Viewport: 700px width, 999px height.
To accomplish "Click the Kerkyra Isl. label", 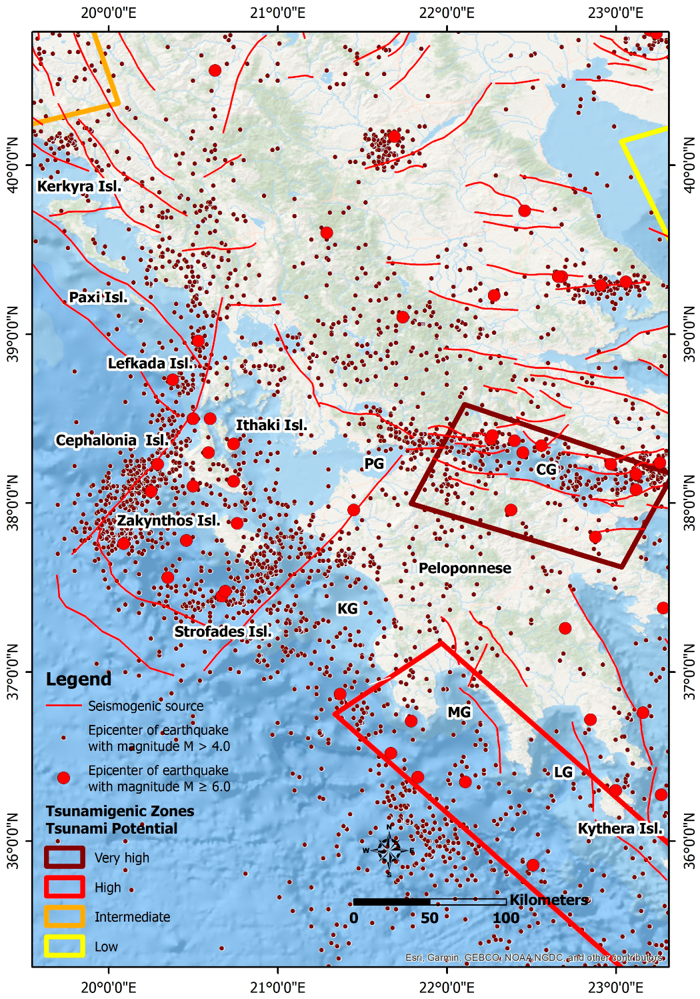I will (x=79, y=186).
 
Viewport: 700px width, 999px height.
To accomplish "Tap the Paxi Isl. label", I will (x=98, y=297).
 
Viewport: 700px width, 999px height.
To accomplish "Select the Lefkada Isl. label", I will (x=151, y=363).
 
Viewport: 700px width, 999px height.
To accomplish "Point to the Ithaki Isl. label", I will (x=271, y=425).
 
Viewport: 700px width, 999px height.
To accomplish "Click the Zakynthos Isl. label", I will (x=169, y=521).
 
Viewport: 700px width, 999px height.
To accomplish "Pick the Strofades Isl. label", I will (x=223, y=632).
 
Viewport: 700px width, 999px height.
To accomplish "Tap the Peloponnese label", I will (x=465, y=568).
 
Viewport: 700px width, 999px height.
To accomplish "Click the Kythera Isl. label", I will (x=620, y=829).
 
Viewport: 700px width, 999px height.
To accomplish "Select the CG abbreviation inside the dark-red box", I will (x=546, y=470).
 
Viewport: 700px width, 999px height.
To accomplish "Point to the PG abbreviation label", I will (x=374, y=463).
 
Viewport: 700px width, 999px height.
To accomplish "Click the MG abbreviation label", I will (x=459, y=712).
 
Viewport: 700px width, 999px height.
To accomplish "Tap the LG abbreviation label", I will (x=563, y=772).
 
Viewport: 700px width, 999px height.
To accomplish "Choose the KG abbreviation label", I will (x=347, y=609).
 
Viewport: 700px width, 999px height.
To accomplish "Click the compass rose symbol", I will (x=389, y=850).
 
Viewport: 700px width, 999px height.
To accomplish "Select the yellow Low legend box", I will (x=65, y=946).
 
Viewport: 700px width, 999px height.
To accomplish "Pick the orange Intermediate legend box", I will (x=65, y=916).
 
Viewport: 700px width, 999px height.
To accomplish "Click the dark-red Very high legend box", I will (x=65, y=858).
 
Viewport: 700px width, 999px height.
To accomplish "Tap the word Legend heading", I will (x=79, y=680).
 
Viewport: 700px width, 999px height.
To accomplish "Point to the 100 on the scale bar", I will (x=505, y=918).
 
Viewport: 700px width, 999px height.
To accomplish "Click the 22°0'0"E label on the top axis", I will (x=447, y=13).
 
